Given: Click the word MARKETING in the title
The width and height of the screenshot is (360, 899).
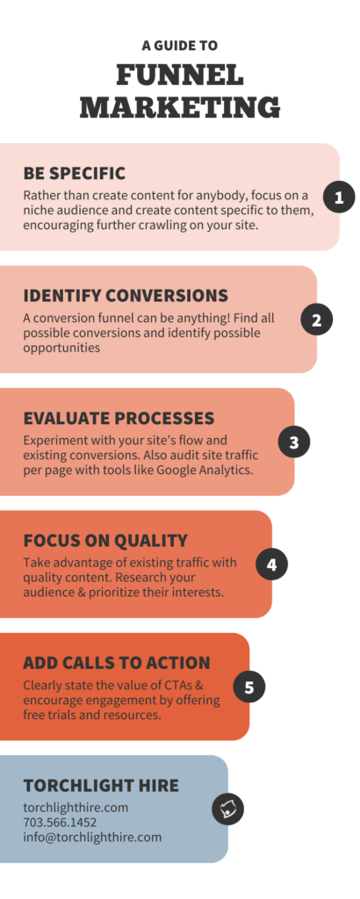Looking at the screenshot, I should coord(179,107).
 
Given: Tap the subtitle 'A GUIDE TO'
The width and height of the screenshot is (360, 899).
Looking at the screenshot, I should coord(179,45).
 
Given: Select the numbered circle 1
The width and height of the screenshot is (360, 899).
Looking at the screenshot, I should coord(339,198).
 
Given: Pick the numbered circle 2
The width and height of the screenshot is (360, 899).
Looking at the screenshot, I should coord(316,320).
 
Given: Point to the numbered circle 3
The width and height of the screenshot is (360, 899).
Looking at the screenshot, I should coord(294,442).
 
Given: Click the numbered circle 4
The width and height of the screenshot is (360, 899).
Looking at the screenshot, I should coord(271,565).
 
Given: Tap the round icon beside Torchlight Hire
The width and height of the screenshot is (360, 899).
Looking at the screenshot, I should coord(227,809).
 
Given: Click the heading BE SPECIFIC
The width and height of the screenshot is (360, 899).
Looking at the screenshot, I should coord(75,173).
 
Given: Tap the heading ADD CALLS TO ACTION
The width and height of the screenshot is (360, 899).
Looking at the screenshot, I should coord(117,662).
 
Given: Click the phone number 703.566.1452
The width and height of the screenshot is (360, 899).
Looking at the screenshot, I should coord(60,823).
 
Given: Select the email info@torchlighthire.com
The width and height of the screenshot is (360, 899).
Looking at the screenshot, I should coord(92,837).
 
